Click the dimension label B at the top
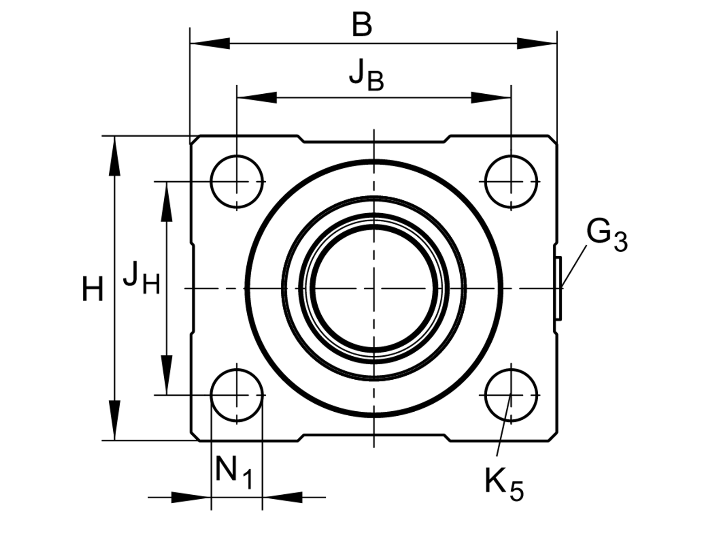(x=362, y=26)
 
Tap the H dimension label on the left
(x=93, y=289)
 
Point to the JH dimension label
(x=141, y=279)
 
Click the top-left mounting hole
(x=237, y=181)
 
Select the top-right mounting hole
(x=511, y=181)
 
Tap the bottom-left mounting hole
(x=237, y=394)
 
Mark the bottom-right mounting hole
(x=511, y=394)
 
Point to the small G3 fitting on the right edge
(x=558, y=287)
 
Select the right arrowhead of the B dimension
(x=537, y=44)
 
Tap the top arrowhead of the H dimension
(x=115, y=155)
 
